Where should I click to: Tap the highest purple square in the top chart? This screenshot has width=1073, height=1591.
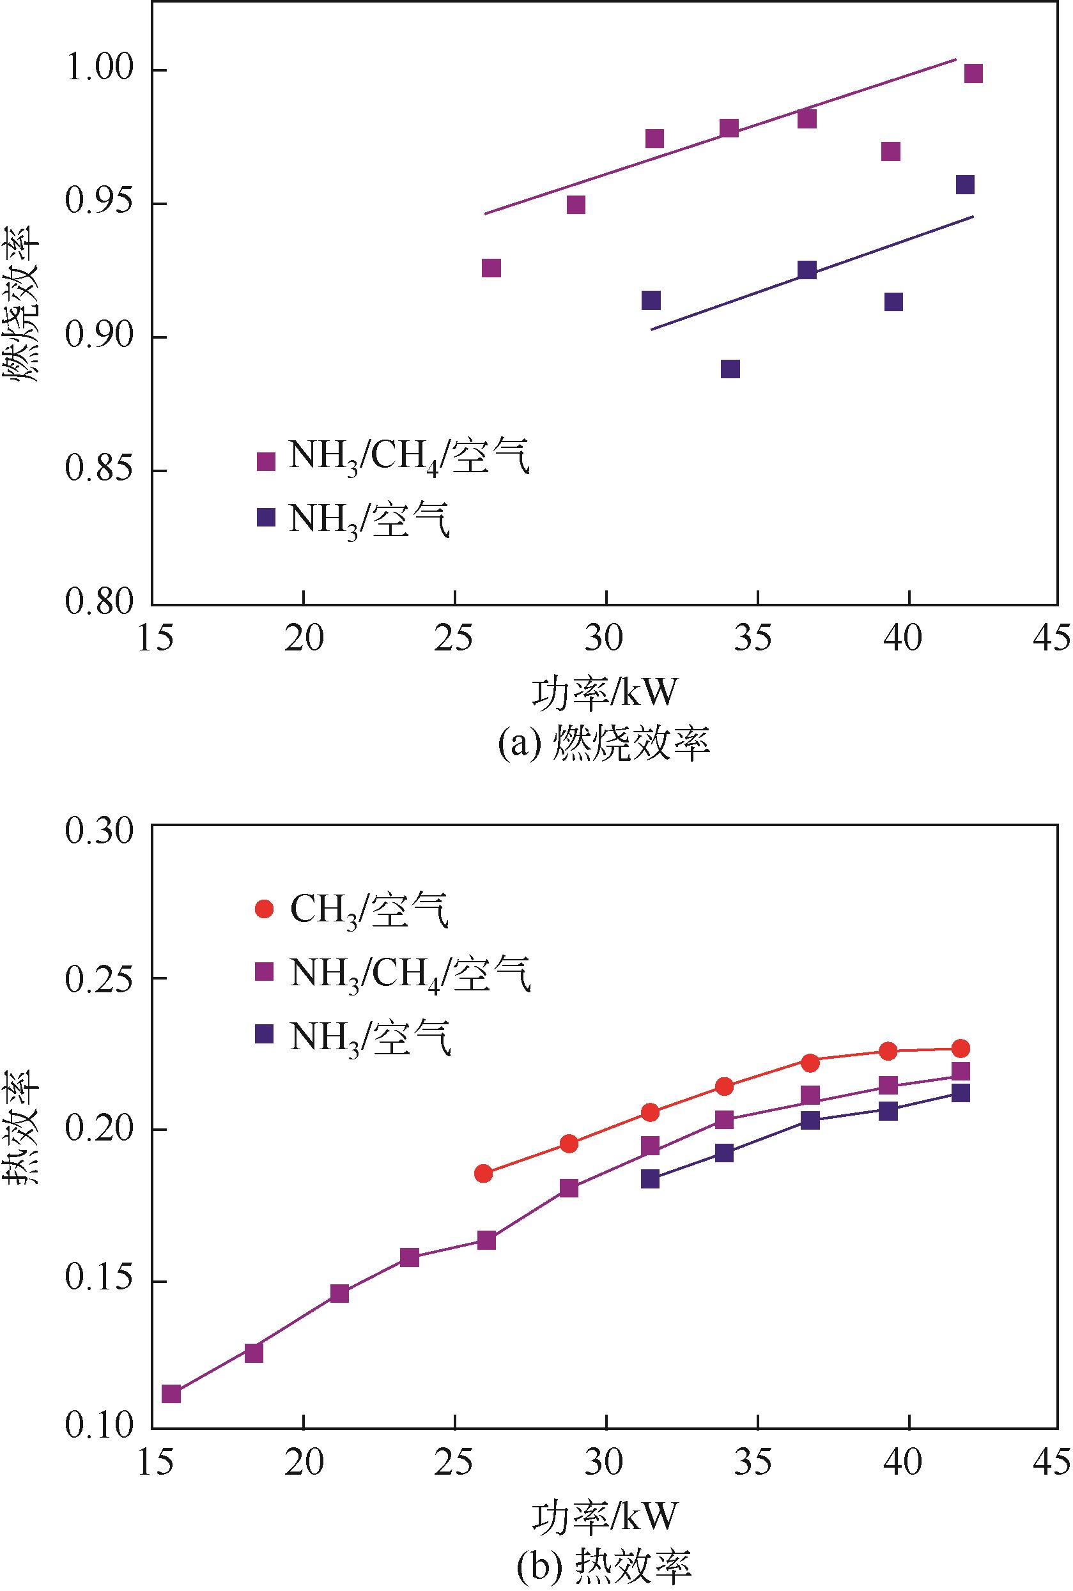click(x=973, y=73)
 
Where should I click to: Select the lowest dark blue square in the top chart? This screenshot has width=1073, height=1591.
click(x=730, y=369)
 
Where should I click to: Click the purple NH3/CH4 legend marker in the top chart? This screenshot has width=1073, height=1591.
click(x=265, y=461)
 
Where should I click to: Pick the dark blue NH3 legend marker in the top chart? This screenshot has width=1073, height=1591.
click(x=265, y=517)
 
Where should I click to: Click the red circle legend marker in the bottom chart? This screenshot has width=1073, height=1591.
click(x=264, y=909)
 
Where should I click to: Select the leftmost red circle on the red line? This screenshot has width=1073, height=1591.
click(x=483, y=1174)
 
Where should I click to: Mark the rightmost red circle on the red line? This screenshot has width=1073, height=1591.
click(x=961, y=1049)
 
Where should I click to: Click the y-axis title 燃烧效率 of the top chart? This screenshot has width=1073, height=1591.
click(x=22, y=304)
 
